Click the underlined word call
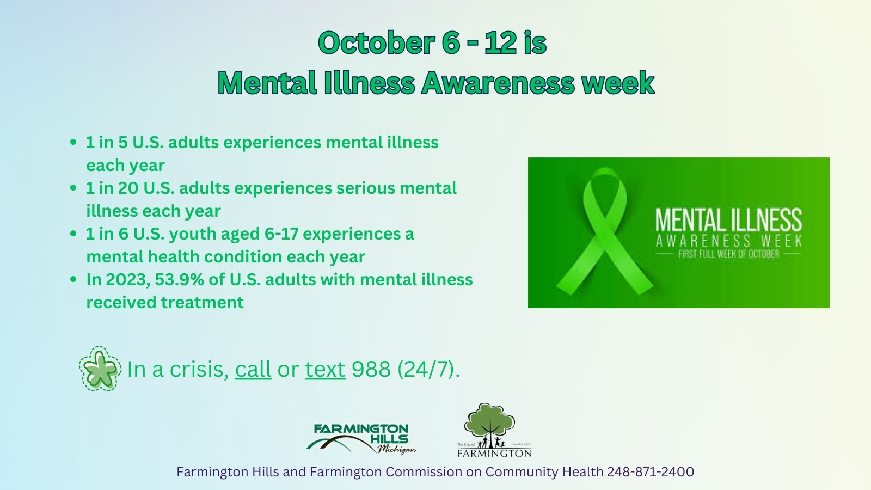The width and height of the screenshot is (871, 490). click(x=253, y=370)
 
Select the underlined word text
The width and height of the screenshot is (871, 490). click(x=325, y=370)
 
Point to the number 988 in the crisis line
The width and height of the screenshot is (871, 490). click(x=371, y=370)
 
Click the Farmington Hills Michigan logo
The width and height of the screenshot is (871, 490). click(x=361, y=438)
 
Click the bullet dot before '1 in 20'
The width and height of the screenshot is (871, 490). click(x=73, y=188)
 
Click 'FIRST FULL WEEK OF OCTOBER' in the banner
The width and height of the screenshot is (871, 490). click(x=728, y=254)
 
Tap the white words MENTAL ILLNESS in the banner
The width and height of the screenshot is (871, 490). click(x=728, y=220)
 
